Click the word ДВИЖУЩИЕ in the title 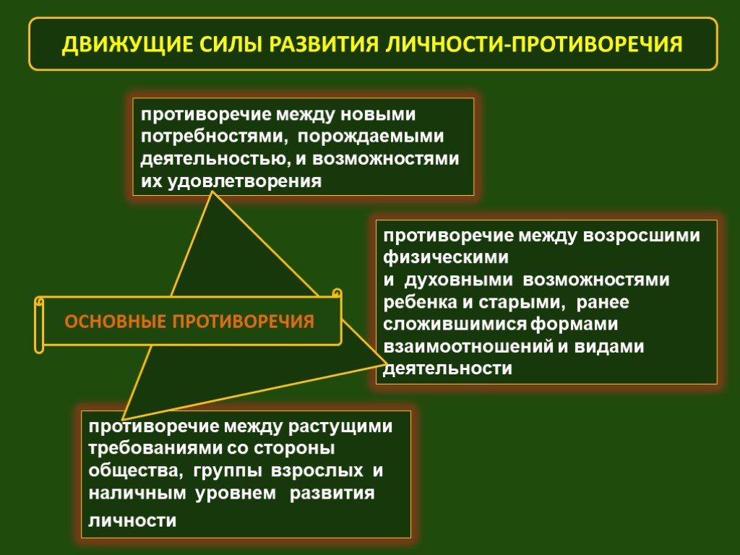click(127, 44)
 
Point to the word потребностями click(214, 137)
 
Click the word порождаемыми click(371, 137)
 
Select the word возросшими click(642, 236)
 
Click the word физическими click(446, 258)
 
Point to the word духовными click(459, 280)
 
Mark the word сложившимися click(455, 324)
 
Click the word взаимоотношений click(468, 347)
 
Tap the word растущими click(340, 426)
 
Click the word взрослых click(317, 470)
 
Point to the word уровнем click(236, 493)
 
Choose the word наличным click(137, 493)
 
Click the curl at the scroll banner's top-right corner click(337, 293)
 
